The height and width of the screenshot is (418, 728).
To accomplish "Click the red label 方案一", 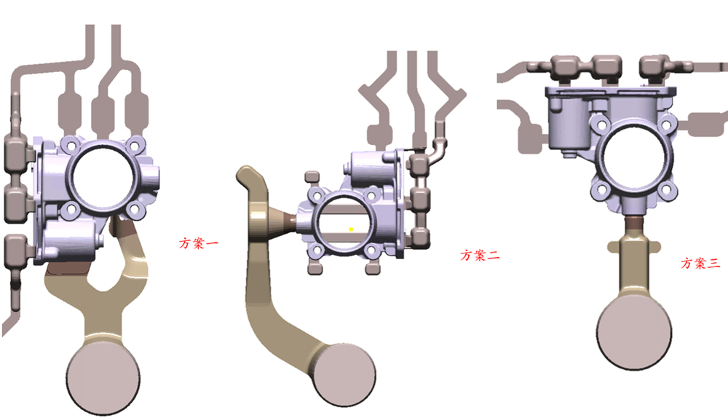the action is pyautogui.click(x=198, y=243).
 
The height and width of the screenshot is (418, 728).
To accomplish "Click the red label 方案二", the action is pyautogui.click(x=480, y=255).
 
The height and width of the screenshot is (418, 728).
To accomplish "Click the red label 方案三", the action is pyautogui.click(x=700, y=264).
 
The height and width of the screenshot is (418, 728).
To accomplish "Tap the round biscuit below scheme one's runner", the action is pyautogui.click(x=103, y=378).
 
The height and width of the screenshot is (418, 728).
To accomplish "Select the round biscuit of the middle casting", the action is pyautogui.click(x=345, y=375).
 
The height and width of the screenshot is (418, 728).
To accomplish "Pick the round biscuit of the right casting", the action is pyautogui.click(x=634, y=330).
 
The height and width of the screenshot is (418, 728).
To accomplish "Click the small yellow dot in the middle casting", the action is pyautogui.click(x=351, y=229).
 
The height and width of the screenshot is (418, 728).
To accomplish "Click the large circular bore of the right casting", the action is pyautogui.click(x=635, y=157).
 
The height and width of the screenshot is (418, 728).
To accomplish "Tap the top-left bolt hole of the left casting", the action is pyautogui.click(x=71, y=146).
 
